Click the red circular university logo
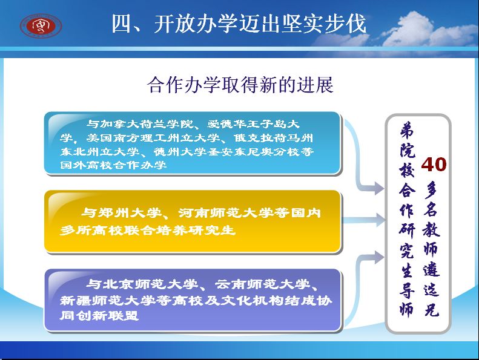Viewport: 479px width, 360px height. [41, 26]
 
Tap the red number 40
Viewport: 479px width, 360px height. [434, 165]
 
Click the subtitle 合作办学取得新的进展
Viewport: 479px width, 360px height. [240, 85]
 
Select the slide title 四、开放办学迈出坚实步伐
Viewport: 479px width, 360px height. [239, 24]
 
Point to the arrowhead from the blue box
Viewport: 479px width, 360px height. [379, 188]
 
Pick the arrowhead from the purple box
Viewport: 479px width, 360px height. [379, 257]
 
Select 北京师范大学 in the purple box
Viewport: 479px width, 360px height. [151, 284]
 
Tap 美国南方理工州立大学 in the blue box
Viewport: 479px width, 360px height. [153, 138]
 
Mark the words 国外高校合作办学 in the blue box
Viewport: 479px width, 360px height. [113, 165]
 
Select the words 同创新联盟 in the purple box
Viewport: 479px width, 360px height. [99, 315]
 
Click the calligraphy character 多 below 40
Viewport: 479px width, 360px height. [431, 189]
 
